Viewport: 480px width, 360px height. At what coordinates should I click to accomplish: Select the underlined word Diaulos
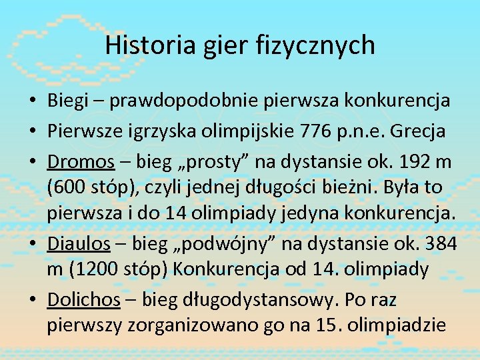click(x=78, y=244)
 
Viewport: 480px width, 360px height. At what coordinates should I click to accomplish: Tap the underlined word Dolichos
click(x=83, y=300)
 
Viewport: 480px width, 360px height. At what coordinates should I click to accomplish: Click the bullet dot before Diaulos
click(x=32, y=245)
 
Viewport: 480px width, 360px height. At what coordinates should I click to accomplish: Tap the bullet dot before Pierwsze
click(x=32, y=131)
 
